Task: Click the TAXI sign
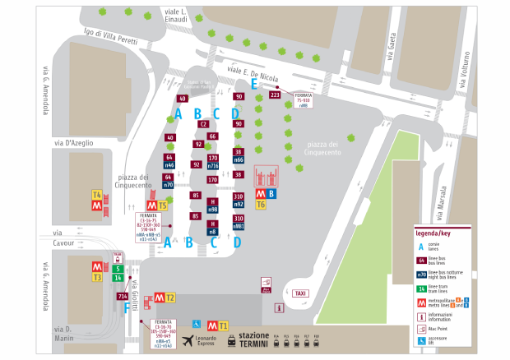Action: pyautogui.click(x=301, y=293)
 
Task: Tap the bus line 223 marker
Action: pyautogui.click(x=275, y=95)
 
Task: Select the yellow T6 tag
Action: pyautogui.click(x=261, y=204)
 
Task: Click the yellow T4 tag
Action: pyautogui.click(x=96, y=195)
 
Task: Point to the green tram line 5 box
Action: pyautogui.click(x=118, y=268)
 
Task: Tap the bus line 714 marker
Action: pyautogui.click(x=122, y=296)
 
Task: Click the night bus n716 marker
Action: pyautogui.click(x=213, y=166)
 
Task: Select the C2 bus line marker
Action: pyautogui.click(x=203, y=124)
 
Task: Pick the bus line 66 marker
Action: pyautogui.click(x=212, y=136)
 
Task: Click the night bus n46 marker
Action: pyautogui.click(x=169, y=165)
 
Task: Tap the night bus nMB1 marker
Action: pyautogui.click(x=239, y=225)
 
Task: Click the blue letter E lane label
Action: pyautogui.click(x=254, y=84)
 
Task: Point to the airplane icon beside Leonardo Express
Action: pyautogui.click(x=189, y=339)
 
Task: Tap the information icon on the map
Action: pyautogui.click(x=279, y=307)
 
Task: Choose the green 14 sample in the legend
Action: pyautogui.click(x=422, y=288)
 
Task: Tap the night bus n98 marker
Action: pyautogui.click(x=212, y=210)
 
